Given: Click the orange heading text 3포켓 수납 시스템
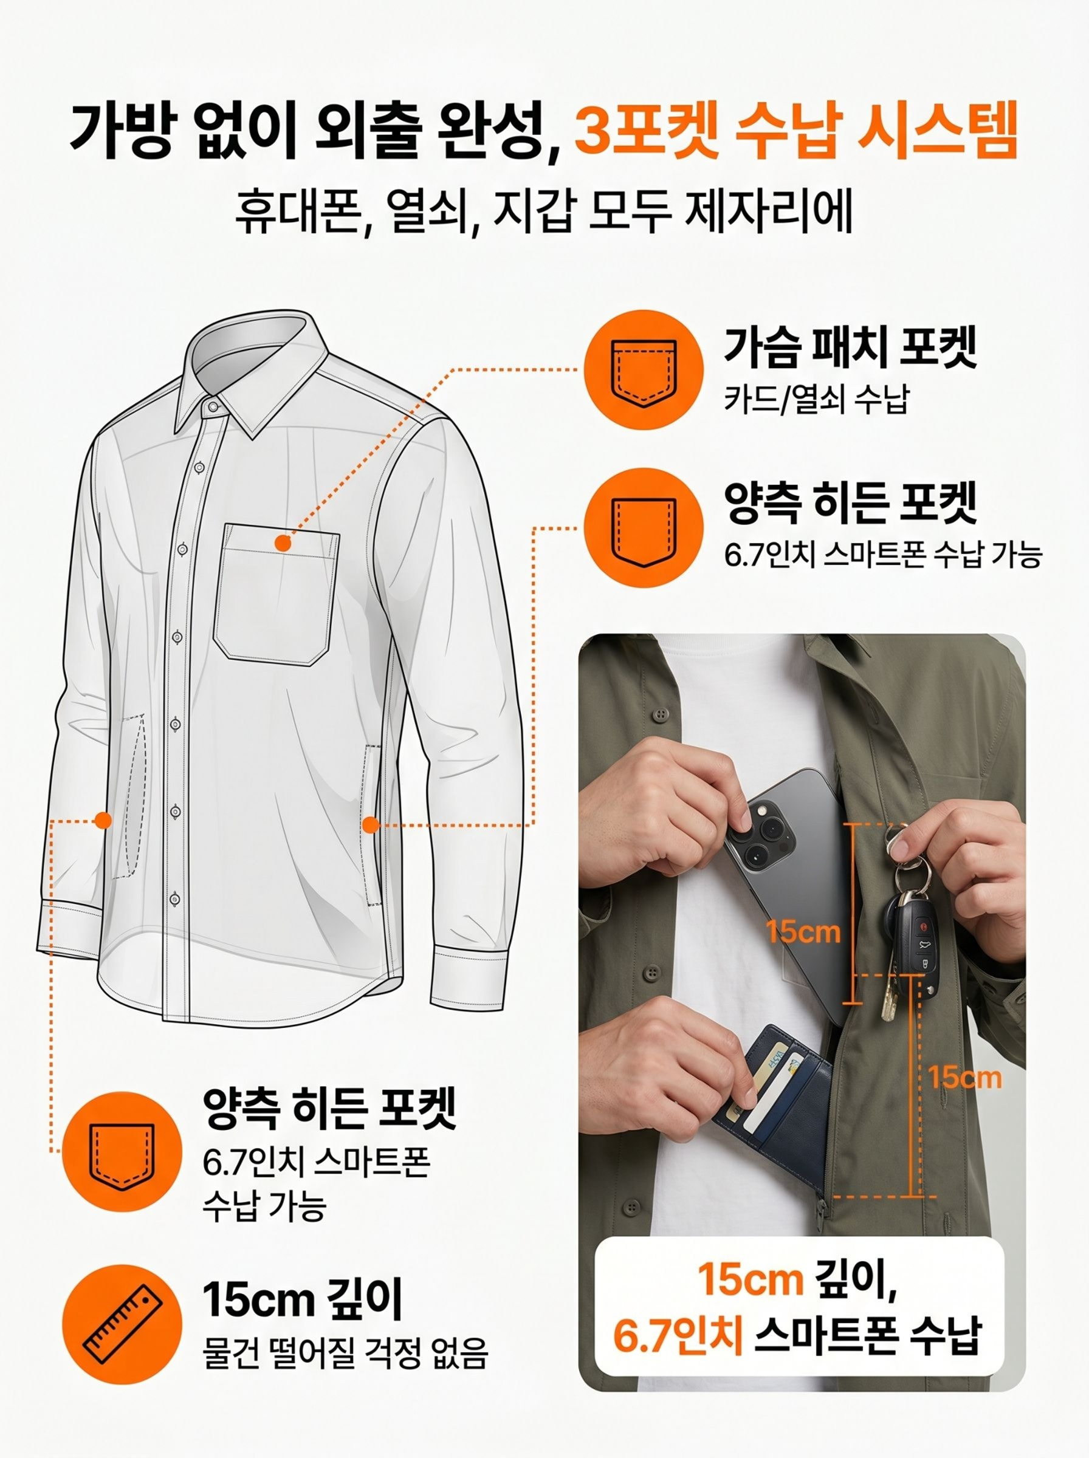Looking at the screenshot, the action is pyautogui.click(x=796, y=130).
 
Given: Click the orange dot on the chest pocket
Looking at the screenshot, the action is pyautogui.click(x=283, y=543).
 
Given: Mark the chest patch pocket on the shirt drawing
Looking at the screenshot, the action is pyautogui.click(x=277, y=591).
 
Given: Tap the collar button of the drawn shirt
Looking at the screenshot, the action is pyautogui.click(x=212, y=407).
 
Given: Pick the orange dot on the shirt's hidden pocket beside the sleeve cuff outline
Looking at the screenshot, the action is pyautogui.click(x=102, y=820).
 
